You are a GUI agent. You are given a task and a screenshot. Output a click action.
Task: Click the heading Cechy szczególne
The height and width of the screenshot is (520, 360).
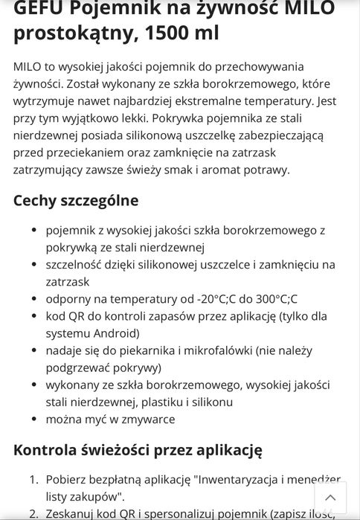pos(76,201)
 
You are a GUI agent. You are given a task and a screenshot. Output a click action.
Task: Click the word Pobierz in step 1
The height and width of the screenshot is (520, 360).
pos(67,480)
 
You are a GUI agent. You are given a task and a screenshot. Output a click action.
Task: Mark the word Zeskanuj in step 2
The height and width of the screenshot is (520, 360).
pos(72,513)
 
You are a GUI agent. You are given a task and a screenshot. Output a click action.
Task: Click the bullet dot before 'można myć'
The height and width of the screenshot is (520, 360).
pos(35,420)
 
